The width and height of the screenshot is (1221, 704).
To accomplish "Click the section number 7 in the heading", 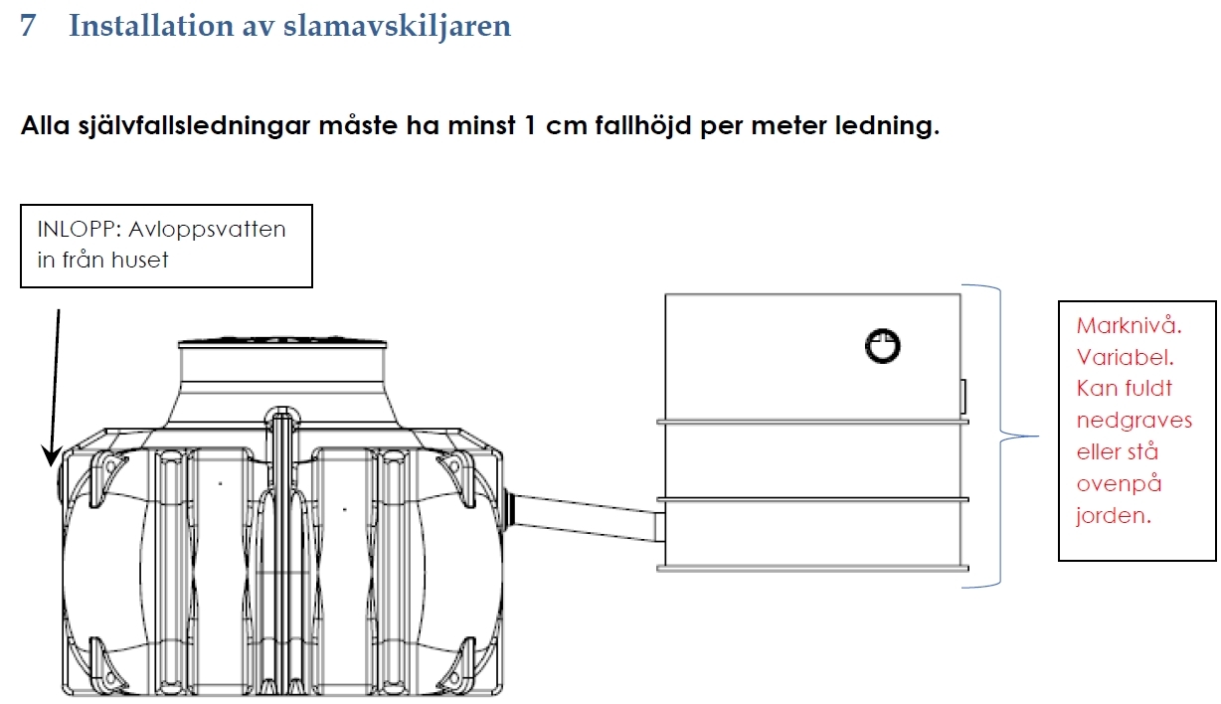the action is point(28,26).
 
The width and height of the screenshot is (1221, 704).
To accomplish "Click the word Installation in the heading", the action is point(151,25).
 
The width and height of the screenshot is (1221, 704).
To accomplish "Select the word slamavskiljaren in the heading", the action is point(397,26).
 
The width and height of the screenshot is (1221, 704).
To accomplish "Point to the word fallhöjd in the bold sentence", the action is point(643,126).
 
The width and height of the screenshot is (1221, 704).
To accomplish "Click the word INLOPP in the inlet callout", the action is point(77,230).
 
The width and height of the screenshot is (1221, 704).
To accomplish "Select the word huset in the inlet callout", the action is point(139,261).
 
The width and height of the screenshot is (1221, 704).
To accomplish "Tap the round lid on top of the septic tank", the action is point(282,342).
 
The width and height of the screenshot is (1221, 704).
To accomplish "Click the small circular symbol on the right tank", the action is point(883,346).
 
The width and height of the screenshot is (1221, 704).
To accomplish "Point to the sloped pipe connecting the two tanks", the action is point(586,516).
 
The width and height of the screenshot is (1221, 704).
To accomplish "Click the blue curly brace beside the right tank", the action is point(1002,437).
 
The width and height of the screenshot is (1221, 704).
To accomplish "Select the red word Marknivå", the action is point(1129,326).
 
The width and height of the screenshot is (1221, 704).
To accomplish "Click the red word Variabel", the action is point(1126,358).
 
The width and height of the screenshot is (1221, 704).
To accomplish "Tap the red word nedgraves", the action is point(1134,421).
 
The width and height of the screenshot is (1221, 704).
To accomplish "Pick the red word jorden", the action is point(1114,515).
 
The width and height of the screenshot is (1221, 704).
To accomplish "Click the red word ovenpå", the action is point(1119,484).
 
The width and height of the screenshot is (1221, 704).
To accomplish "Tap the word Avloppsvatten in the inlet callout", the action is point(207,230).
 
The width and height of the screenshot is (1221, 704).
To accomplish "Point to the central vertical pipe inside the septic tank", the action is point(281,551).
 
